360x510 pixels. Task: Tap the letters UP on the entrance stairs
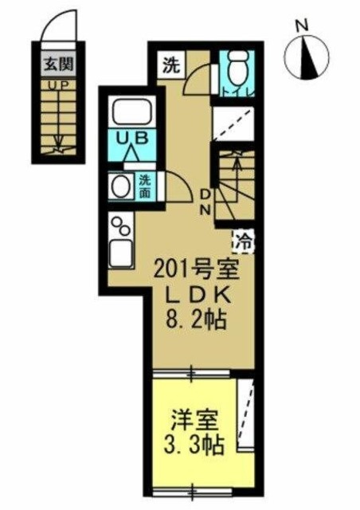point(56,84)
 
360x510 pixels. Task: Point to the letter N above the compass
point(302,25)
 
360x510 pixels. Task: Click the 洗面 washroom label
point(145,186)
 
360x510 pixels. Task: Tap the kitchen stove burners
point(121,227)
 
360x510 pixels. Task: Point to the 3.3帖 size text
point(194,443)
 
